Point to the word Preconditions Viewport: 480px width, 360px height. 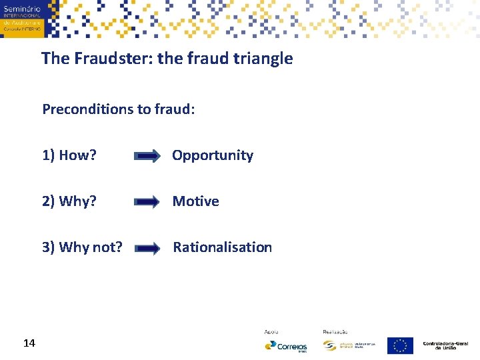click(88, 109)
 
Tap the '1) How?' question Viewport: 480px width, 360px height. click(69, 155)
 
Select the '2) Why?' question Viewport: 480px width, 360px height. click(69, 201)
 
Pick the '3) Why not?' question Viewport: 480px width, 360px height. click(82, 247)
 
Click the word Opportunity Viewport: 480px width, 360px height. click(213, 155)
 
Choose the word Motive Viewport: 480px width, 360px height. click(195, 201)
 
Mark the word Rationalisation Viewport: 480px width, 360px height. click(222, 247)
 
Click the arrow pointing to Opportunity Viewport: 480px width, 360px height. click(147, 156)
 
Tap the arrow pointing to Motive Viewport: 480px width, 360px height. click(147, 202)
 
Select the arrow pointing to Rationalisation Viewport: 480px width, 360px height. click(147, 248)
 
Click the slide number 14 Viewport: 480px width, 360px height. click(29, 343)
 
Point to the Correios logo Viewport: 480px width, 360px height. click(286, 346)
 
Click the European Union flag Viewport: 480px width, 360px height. click(400, 345)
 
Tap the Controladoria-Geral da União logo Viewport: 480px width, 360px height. click(445, 345)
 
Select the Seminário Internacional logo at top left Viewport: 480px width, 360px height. click(21, 18)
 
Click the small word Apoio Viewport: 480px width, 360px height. click(271, 331)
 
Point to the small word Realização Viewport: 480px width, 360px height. click(335, 331)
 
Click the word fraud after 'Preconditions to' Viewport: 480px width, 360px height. click(173, 109)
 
